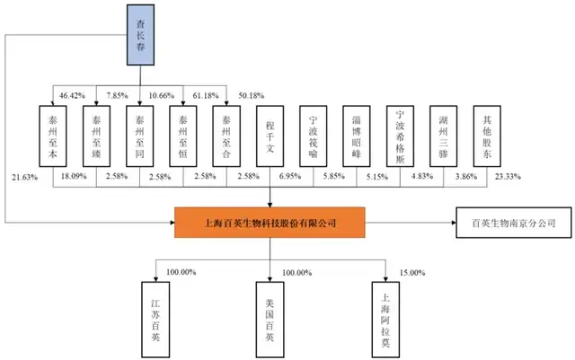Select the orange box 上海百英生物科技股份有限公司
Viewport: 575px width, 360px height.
pos(270,222)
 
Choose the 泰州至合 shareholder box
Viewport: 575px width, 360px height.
pos(227,136)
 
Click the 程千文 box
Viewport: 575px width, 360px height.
pos(270,136)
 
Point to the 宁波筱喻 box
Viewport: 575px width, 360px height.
pos(314,136)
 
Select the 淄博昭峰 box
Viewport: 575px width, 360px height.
pos(358,136)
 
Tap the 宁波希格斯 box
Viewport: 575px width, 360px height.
pos(401,136)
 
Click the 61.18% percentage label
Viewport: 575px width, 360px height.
pos(203,95)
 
